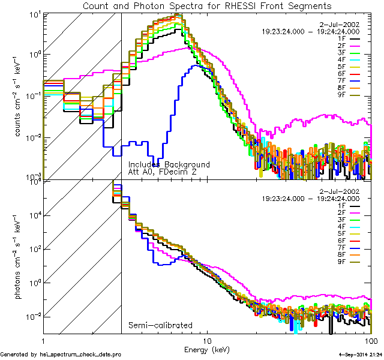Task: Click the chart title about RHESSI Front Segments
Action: point(206,6)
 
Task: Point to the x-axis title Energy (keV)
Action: point(207,349)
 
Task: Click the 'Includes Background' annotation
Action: point(169,164)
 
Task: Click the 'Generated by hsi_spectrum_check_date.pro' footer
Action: point(61,355)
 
